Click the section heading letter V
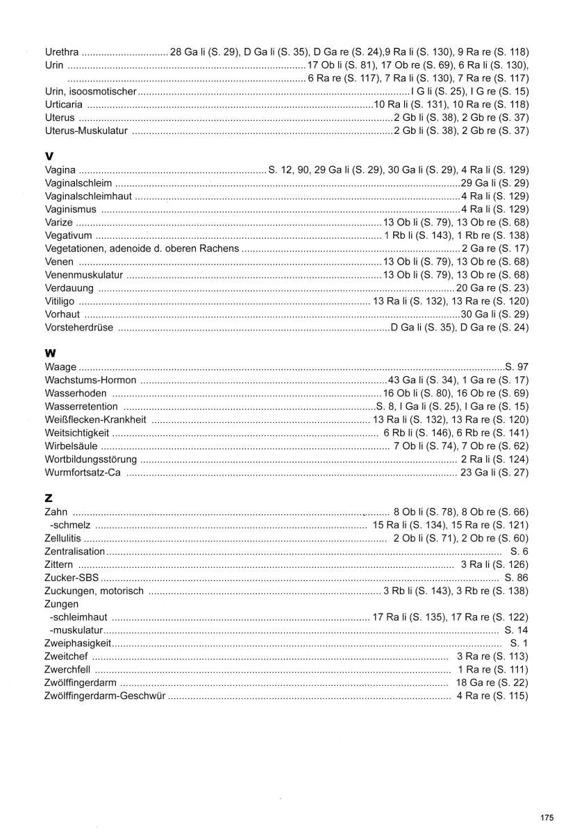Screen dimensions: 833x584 (49, 156)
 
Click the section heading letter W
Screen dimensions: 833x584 (50, 353)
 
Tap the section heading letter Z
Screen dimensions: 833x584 (49, 498)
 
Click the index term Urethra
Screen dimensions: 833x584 (61, 51)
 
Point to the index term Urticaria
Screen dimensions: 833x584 (64, 104)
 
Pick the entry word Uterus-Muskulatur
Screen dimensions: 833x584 (86, 131)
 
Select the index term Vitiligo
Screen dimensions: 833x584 (59, 301)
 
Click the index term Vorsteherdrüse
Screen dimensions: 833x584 (78, 328)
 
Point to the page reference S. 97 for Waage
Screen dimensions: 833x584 (517, 367)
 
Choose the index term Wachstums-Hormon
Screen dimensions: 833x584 (90, 380)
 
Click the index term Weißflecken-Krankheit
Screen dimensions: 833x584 (95, 419)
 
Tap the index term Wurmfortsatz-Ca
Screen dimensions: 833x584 (83, 472)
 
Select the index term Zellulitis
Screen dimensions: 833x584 (62, 538)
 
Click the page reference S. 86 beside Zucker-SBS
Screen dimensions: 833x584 (517, 578)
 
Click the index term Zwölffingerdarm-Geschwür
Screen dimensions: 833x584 (104, 696)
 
